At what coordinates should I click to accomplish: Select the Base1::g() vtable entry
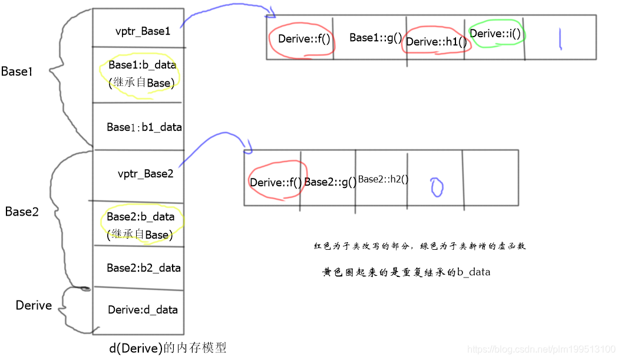coord(375,38)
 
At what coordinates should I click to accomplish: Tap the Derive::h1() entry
coord(436,41)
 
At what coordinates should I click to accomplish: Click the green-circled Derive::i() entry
coord(496,34)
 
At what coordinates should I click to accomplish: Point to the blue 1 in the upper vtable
coord(561,38)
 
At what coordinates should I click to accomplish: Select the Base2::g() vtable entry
coord(330,183)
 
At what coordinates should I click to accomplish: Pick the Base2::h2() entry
coord(383,179)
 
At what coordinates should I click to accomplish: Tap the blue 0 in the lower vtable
coord(437,187)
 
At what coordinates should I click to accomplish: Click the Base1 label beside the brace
coord(16,71)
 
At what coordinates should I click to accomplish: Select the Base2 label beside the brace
coord(22,212)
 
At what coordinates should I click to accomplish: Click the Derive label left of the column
coord(34,305)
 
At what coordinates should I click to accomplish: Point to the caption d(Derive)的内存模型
coord(168,348)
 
